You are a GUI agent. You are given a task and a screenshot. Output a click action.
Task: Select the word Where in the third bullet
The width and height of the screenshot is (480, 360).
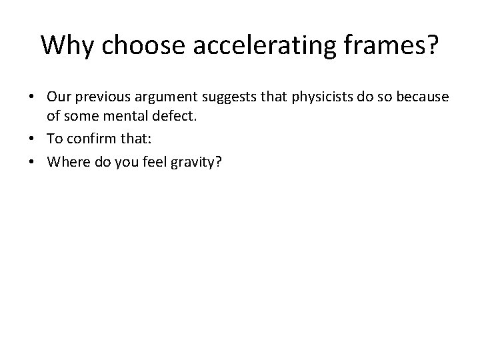point(64,159)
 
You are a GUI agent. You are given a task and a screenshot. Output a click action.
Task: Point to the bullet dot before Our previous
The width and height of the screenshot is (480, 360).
point(31,99)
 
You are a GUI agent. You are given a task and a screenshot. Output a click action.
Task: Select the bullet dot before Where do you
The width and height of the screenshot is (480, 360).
point(31,159)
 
